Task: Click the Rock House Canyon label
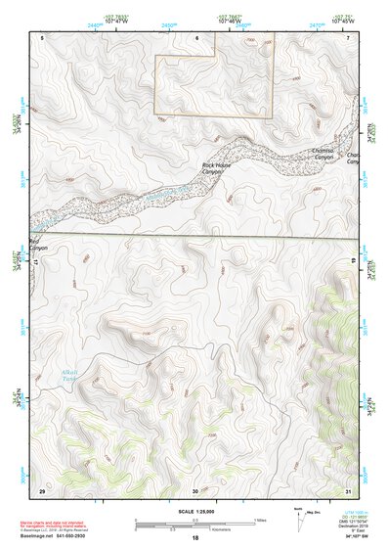(216, 168)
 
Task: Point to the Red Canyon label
(39, 245)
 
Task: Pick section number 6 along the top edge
(195, 36)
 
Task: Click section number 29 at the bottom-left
(41, 489)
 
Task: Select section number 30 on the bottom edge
(195, 490)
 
